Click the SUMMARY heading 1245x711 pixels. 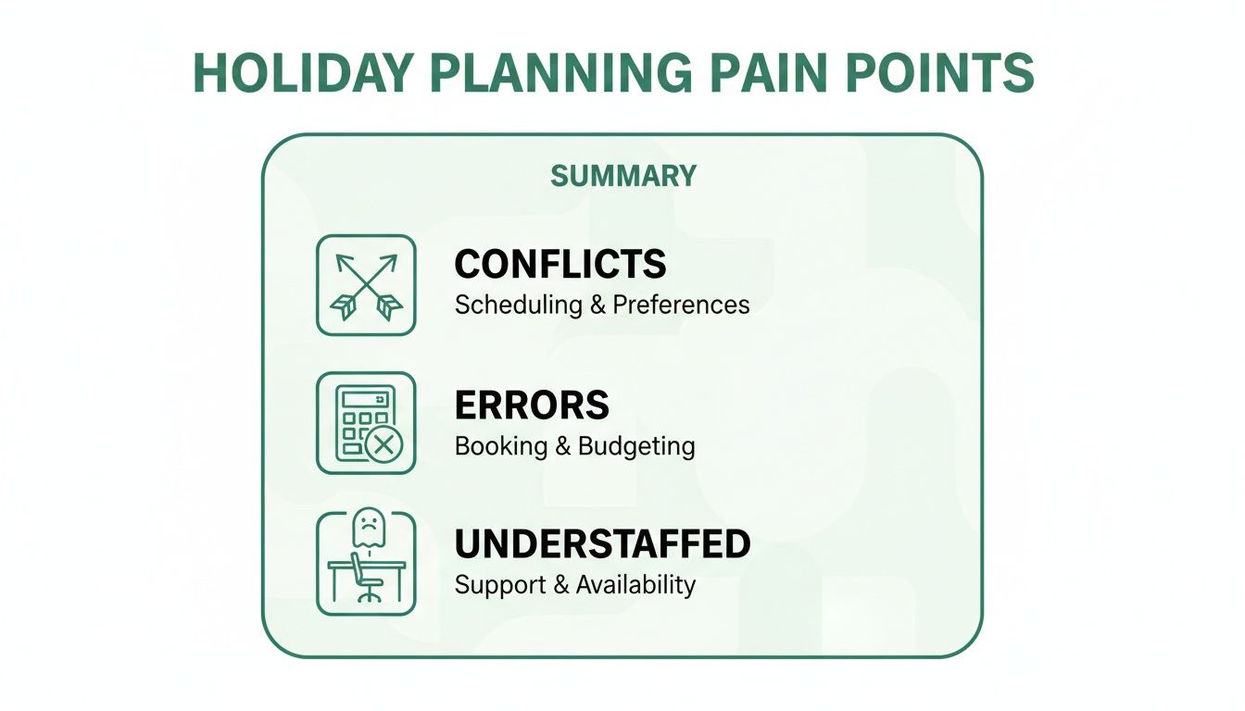pos(622,176)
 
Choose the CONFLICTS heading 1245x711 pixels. pos(560,265)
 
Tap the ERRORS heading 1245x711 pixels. pos(532,405)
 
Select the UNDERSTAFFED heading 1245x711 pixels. pos(602,544)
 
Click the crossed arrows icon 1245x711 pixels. pos(366,285)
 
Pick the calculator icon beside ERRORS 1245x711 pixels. pos(366,424)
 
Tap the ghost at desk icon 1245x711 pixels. pos(366,562)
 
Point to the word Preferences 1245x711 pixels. pos(681,305)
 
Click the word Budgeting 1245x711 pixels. pos(636,446)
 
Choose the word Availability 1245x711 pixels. pos(635,585)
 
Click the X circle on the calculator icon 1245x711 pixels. pos(382,445)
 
